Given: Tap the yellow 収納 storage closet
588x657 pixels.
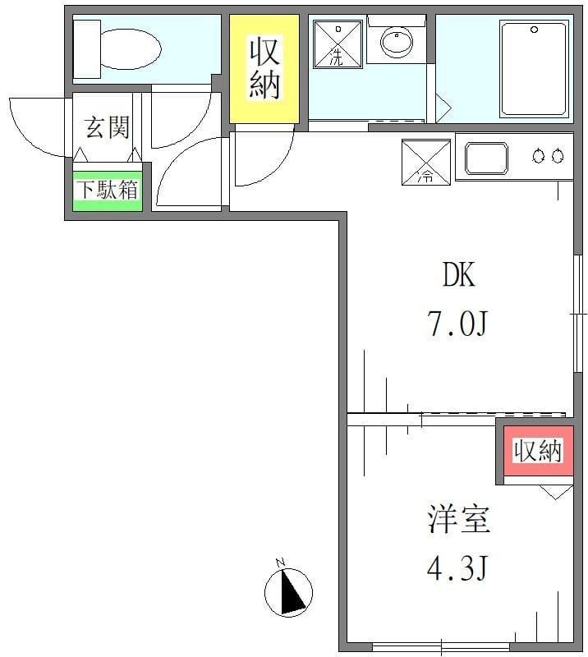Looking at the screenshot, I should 264,70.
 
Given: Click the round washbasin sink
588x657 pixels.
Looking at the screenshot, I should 398,41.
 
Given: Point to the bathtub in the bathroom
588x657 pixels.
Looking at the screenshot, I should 533,69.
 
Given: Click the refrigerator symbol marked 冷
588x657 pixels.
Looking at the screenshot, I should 426,162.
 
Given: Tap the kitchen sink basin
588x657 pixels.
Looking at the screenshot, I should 487,158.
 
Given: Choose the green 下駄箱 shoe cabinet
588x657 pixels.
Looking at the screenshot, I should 108,189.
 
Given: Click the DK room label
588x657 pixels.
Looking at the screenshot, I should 459,276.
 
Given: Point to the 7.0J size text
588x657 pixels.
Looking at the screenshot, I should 457,324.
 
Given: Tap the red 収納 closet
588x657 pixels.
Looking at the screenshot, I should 538,451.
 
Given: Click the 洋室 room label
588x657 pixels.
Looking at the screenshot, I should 458,521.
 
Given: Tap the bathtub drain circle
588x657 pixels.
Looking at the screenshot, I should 535,30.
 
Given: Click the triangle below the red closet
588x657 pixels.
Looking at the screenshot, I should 556,492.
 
